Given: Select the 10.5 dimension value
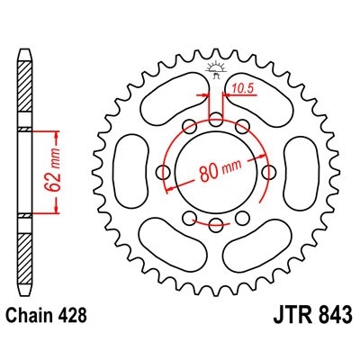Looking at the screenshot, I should point(242,87).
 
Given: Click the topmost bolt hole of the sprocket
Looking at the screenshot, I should point(216,119).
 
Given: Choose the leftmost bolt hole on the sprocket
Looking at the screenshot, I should point(164,170).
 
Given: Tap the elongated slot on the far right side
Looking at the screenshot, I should point(300,171).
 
